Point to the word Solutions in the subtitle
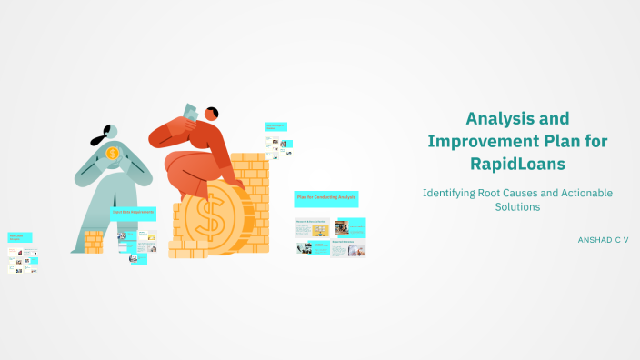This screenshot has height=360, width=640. click(517, 206)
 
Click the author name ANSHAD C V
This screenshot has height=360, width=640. click(603, 239)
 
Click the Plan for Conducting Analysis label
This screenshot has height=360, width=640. click(325, 197)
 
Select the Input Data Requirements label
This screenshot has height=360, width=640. click(133, 212)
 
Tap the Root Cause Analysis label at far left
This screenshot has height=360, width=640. click(20, 237)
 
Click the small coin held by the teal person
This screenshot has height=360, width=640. click(113, 153)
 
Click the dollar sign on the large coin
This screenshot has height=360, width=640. click(209, 218)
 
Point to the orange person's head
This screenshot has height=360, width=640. click(211, 115)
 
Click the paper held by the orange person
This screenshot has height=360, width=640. click(190, 111)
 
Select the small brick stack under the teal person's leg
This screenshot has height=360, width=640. click(93, 241)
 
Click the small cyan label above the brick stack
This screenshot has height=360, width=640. click(275, 127)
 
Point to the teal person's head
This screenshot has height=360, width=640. click(113, 133)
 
